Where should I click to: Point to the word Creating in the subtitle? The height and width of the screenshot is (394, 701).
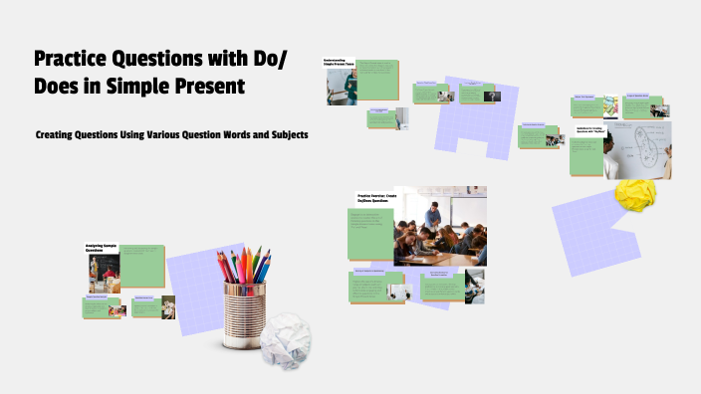coord(59,134)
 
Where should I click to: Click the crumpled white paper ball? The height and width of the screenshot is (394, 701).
coord(288,335)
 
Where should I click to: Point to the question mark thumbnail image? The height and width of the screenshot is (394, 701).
coord(491,97)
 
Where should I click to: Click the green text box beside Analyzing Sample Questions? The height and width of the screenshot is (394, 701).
coord(141,265)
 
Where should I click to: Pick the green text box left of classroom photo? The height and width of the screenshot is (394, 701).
coord(374,231)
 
